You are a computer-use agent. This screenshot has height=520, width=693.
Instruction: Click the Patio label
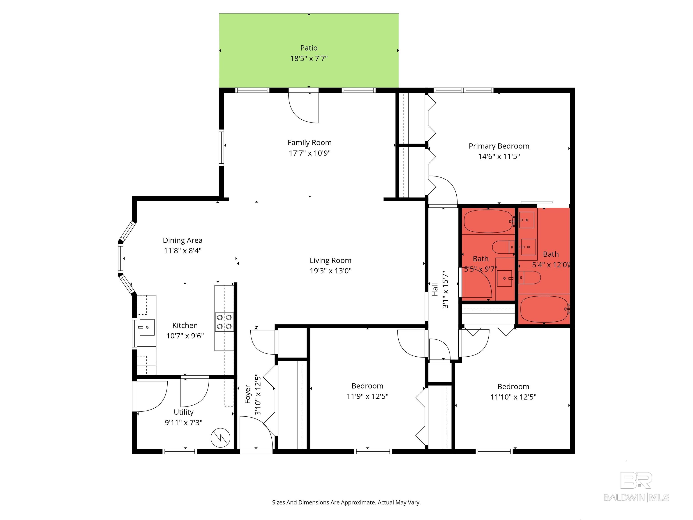309,48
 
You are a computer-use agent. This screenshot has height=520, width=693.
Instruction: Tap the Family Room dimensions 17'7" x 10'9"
310,153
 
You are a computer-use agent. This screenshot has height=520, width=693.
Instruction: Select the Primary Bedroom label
499,146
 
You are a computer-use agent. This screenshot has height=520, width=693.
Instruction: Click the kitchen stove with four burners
224,322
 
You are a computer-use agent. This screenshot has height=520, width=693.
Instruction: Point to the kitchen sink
146,327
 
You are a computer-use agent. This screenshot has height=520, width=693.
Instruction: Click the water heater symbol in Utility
221,438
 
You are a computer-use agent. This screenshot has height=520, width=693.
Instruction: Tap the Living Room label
330,260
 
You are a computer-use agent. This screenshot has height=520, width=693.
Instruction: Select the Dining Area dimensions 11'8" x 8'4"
183,251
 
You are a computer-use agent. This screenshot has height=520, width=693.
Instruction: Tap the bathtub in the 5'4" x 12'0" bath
544,309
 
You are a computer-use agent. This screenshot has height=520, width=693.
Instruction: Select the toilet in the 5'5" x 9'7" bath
503,247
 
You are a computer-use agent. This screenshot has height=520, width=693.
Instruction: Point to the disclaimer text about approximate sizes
346,502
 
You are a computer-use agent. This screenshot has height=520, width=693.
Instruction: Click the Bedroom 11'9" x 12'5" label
367,391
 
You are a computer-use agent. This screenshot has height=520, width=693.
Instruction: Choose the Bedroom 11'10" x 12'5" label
513,392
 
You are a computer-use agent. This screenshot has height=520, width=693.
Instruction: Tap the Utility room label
184,412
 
